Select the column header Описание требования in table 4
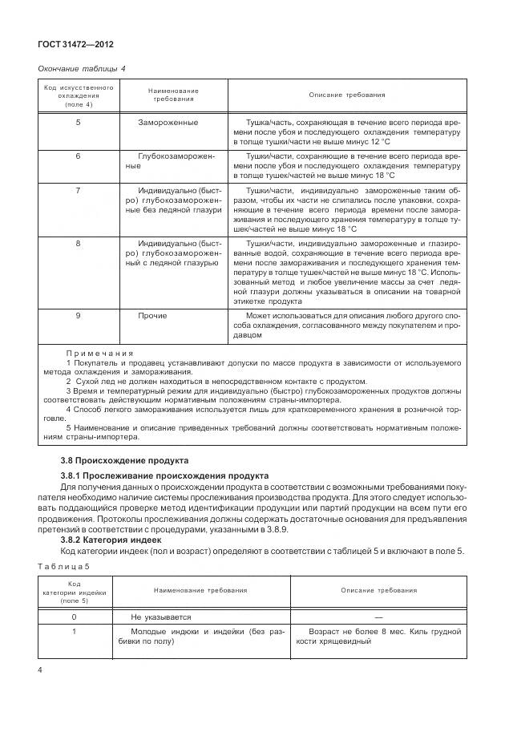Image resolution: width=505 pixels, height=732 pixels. pos(347,95)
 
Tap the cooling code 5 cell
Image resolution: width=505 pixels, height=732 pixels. pos(78,123)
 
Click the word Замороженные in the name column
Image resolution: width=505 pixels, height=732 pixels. pos(168,123)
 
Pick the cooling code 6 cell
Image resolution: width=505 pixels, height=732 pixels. pos(78,156)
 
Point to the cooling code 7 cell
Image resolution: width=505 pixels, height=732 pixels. pos(78,190)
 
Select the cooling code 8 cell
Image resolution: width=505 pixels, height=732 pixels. pos(78,242)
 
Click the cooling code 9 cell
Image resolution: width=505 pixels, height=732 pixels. pos(78,316)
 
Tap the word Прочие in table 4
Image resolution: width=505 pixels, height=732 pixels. pos(152,316)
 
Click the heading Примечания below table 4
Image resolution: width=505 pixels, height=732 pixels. pos(99,353)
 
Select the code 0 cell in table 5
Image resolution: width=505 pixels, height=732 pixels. pos(74,617)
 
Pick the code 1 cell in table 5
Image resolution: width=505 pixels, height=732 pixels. pos(74,633)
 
